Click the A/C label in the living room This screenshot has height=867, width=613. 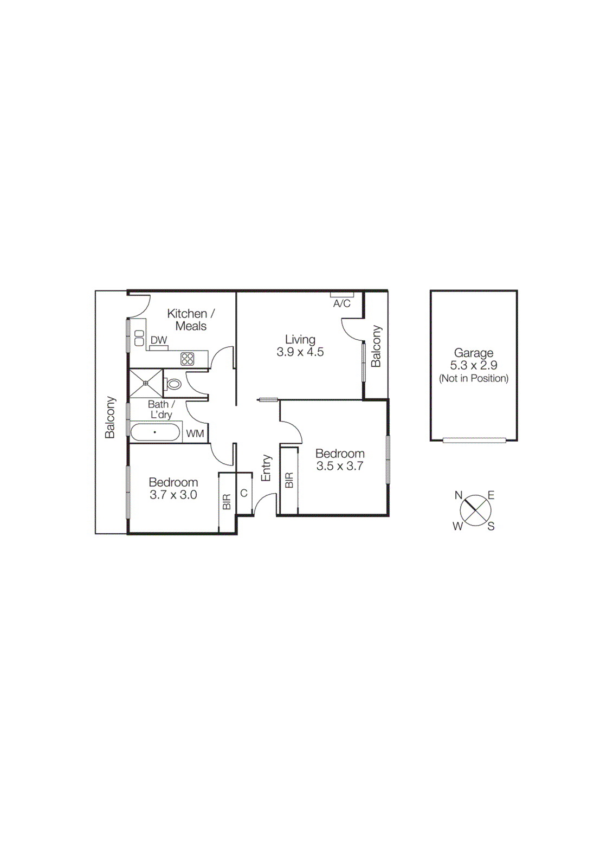pos(341,303)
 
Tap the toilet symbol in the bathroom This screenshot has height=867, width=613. pos(173,384)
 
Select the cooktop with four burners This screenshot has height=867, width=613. pos(188,358)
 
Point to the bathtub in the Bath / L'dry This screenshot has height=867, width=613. pos(155,432)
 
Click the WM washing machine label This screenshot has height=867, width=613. pos(195,433)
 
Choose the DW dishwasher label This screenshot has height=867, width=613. pos(159,340)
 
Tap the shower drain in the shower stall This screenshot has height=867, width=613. pos(145,383)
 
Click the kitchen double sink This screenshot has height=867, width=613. pos(139,338)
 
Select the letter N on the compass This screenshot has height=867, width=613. pos(459,495)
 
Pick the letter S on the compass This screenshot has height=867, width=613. pos(491,526)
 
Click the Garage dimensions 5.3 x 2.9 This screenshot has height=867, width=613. pos(474,366)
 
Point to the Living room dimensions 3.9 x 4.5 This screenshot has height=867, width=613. pos(300,352)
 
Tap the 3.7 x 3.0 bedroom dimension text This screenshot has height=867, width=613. pos(173,495)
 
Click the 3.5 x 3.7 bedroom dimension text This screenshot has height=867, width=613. pos(340,466)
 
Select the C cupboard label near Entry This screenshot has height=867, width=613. pos(244,493)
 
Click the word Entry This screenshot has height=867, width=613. pos(266,468)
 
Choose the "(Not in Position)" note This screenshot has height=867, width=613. pos(474,379)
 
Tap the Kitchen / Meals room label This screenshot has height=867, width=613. pos(191,320)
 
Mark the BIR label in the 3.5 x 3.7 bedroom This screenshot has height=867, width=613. pos(289,480)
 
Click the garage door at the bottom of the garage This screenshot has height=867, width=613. pos(474,440)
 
